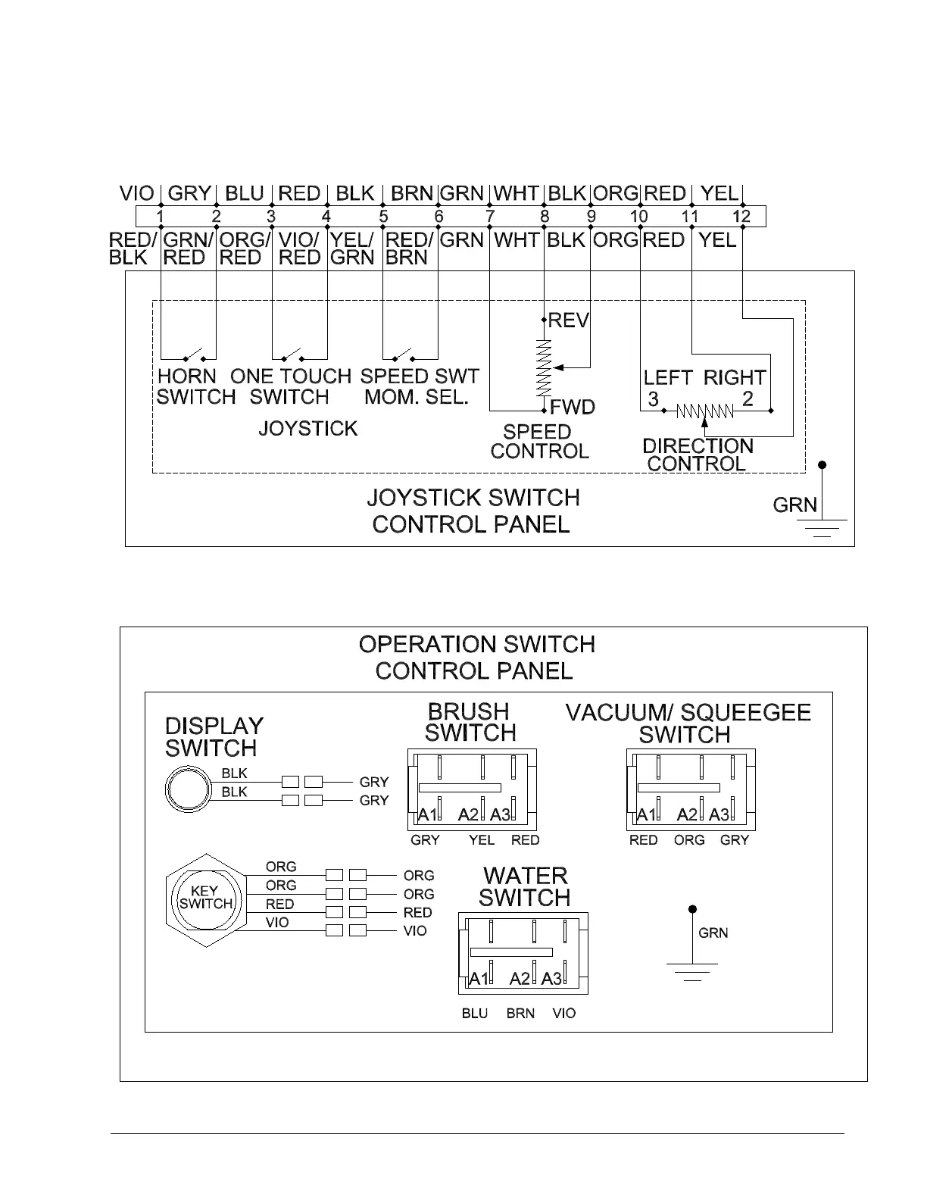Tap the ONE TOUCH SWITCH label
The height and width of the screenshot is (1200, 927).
tap(290, 386)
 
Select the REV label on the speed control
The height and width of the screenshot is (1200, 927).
tap(568, 320)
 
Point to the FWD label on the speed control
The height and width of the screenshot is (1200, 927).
tap(573, 408)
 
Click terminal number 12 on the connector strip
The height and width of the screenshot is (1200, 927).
tap(741, 217)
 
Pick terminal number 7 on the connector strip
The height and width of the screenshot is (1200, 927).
tap(490, 217)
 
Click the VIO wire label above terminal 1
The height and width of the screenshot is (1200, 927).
tap(137, 194)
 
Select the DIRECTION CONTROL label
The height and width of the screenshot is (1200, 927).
tap(698, 455)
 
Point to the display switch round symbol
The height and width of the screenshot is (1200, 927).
tap(186, 789)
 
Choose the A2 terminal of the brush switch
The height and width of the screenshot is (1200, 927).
tap(469, 815)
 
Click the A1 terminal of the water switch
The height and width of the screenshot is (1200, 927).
tap(479, 978)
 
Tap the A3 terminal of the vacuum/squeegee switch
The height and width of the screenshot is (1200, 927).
tap(719, 815)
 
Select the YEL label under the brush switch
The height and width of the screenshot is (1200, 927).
tap(482, 840)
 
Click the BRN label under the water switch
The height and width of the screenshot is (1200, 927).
tap(520, 1014)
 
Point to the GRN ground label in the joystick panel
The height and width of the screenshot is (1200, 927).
tap(794, 505)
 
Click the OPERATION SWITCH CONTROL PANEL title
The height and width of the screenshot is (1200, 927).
tap(476, 658)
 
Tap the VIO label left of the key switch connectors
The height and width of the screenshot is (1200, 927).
tap(277, 923)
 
